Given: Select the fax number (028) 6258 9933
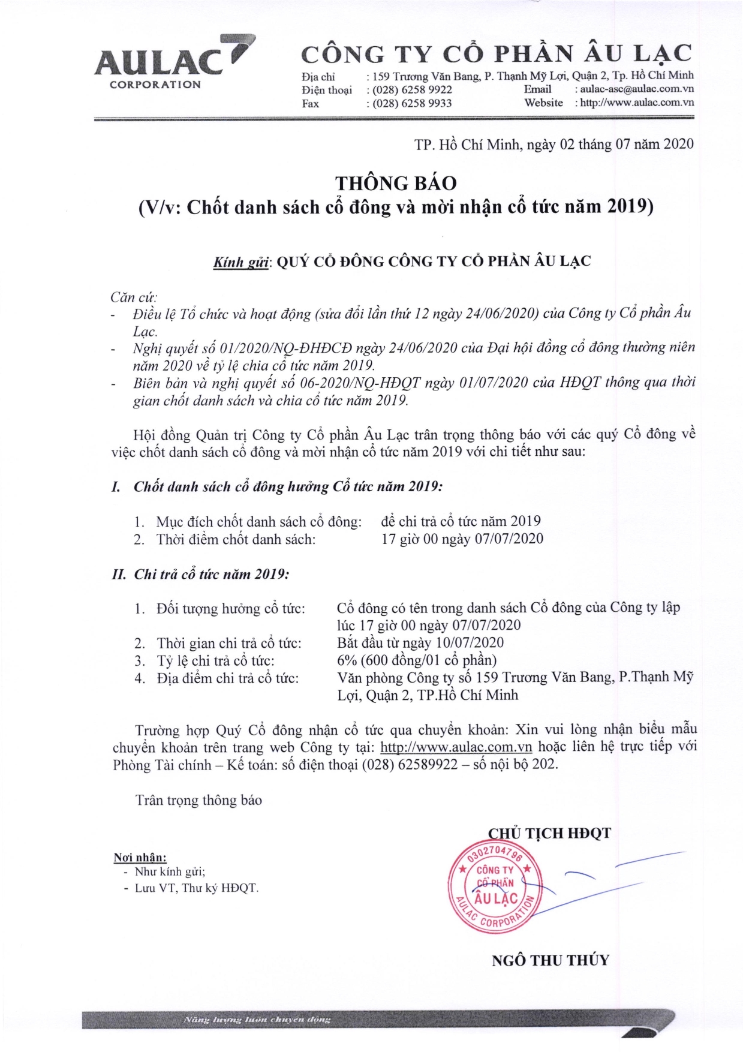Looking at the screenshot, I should point(412,103).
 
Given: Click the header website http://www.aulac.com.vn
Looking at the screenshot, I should point(637,103).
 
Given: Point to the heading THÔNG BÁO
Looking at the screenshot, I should point(396,183).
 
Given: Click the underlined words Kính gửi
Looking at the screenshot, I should point(240,263).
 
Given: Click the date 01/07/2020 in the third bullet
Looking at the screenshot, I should point(493,383).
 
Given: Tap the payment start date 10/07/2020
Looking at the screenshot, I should point(470,643).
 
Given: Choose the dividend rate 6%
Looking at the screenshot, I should point(347,660).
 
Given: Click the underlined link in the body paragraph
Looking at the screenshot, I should point(456,747).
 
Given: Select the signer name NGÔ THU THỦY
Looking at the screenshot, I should point(550,960).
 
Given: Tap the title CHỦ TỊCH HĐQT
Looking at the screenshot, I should point(549,833).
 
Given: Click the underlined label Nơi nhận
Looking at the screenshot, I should point(140,858).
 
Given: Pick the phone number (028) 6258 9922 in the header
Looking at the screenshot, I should point(412,89).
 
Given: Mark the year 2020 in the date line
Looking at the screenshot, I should point(678,144).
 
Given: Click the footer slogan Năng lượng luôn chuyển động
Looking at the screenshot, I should point(257,1019).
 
